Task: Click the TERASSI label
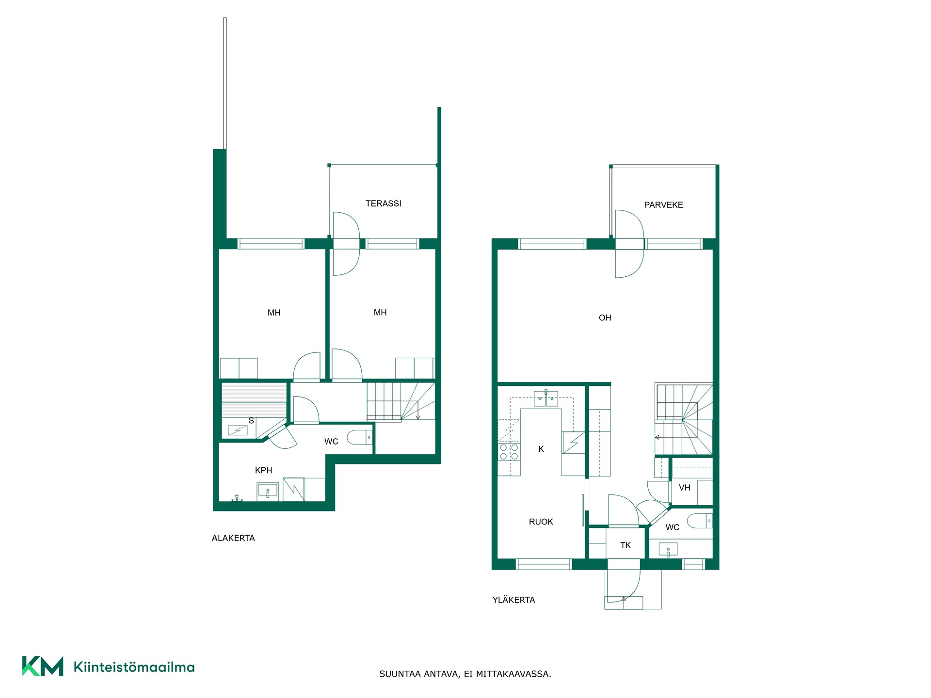click(383, 204)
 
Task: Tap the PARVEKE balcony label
click(663, 205)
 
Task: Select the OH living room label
click(605, 318)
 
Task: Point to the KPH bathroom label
click(263, 470)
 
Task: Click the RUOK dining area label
click(541, 522)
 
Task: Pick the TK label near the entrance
click(626, 545)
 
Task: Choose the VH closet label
click(685, 488)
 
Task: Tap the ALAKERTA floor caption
click(233, 538)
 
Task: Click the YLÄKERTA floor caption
click(514, 600)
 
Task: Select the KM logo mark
click(43, 666)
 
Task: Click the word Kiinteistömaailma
click(134, 667)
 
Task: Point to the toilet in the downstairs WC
click(360, 437)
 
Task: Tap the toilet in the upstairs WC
click(700, 521)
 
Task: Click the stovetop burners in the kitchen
click(509, 452)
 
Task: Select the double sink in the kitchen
click(546, 398)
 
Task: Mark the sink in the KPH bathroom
click(268, 491)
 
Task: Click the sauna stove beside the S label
click(238, 430)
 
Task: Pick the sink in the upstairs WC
click(668, 549)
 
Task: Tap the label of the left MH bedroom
click(274, 313)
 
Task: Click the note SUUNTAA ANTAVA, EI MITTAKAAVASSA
click(465, 674)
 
